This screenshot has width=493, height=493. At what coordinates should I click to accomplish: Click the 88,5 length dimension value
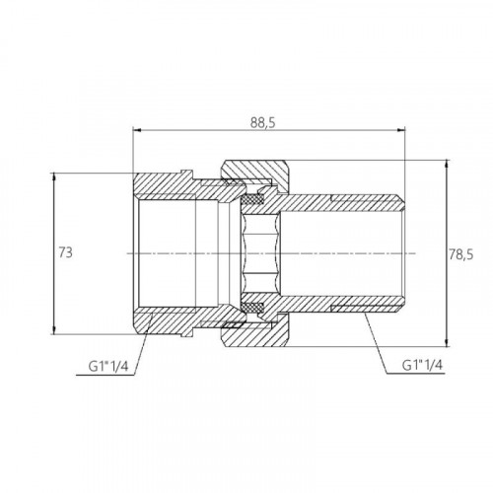pos(262,122)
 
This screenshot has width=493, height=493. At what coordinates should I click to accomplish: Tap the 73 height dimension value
pos(65,252)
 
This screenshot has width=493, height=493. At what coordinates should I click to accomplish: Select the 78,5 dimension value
pos(461,254)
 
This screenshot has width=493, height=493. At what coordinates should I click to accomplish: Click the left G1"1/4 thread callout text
pos(107,367)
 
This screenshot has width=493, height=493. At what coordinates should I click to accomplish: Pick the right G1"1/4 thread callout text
pos(423,365)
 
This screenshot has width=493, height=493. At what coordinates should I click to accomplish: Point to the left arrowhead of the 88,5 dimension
pos(136,130)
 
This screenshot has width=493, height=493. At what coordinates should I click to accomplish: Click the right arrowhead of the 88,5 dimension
pos(401,130)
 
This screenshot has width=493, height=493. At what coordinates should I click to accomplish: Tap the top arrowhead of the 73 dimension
pos(54,176)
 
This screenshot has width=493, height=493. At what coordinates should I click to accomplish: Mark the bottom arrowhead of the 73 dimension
pos(54,330)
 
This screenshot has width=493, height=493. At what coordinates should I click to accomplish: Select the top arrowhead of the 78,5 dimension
pos(447,164)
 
